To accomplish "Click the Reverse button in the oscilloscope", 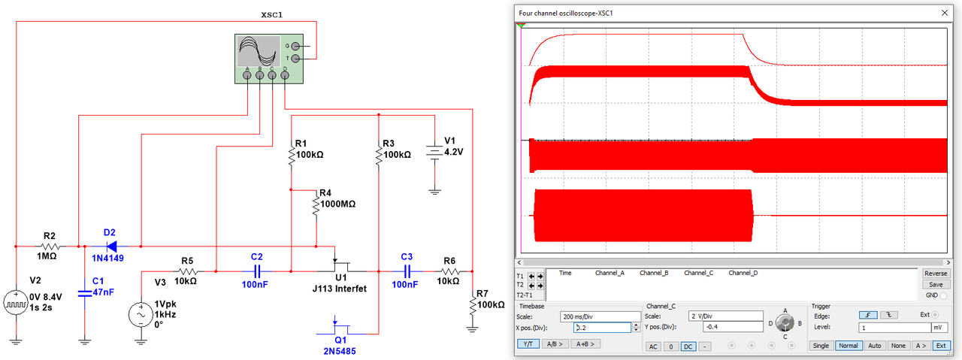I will pos(935,274).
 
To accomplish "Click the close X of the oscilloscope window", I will pos(944,14).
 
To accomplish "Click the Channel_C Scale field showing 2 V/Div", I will pos(725,316).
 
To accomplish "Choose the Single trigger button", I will pos(821,345).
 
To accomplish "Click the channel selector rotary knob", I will pos(785,324).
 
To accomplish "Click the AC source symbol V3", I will pos(141,314).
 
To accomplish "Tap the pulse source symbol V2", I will pos(14,304).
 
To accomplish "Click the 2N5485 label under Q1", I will pos(341,350).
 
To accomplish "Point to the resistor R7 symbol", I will pos(472,305).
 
